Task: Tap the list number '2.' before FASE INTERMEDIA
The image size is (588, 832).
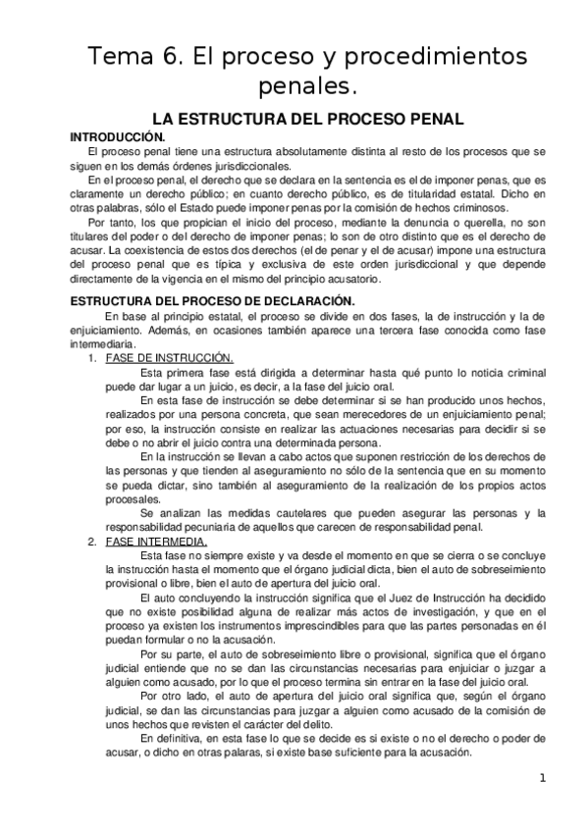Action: pos(91,541)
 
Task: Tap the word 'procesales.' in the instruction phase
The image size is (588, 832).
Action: pos(110,497)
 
